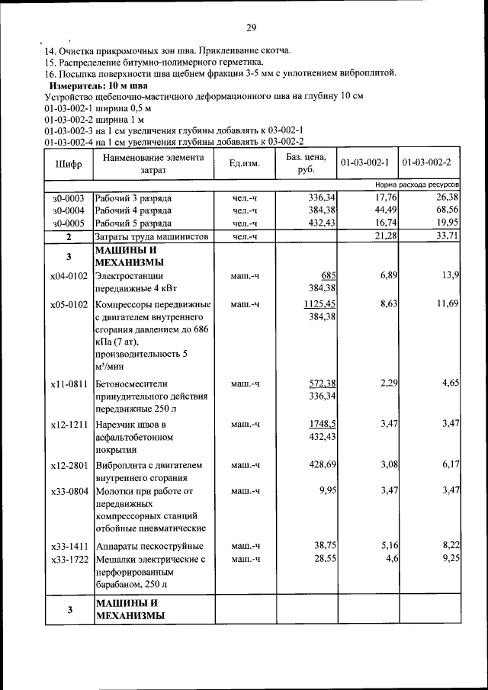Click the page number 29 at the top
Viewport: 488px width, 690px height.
(251, 28)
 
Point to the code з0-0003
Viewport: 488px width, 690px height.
(69, 197)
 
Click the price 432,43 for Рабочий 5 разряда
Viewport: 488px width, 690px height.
(319, 223)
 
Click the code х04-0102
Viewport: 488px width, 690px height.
(69, 276)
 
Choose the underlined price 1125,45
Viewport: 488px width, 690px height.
(319, 304)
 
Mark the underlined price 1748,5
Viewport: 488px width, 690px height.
(323, 424)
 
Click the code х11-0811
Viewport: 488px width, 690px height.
(69, 384)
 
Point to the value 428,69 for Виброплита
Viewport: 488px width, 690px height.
(319, 464)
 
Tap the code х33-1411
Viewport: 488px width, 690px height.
(69, 547)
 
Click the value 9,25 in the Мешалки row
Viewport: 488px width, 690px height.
(448, 559)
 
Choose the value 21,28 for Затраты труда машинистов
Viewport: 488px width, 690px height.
(384, 236)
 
